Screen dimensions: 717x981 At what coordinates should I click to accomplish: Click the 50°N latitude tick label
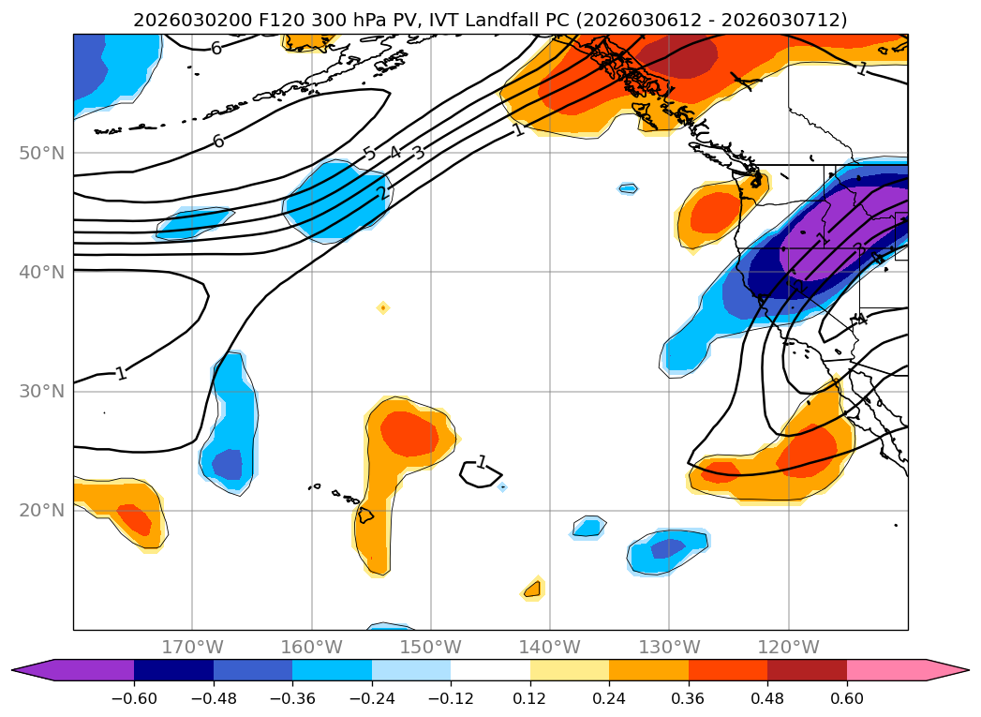[42, 153]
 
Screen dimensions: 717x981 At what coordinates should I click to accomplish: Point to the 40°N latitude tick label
[42, 272]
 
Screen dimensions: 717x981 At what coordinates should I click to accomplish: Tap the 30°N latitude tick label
[42, 391]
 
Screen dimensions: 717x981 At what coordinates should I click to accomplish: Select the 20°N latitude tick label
[42, 510]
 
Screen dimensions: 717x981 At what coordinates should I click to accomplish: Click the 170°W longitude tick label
[192, 647]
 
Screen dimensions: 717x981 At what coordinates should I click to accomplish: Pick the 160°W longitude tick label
[311, 647]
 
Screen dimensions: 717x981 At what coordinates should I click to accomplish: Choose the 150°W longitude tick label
[430, 647]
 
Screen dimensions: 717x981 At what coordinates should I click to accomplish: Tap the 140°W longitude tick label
[550, 647]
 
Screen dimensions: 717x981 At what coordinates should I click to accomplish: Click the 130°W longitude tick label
[669, 647]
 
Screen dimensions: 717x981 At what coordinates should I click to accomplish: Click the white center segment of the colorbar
[490, 670]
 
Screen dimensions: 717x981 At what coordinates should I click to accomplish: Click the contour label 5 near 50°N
[369, 155]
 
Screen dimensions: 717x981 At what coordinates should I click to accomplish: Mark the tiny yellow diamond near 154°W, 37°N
[383, 307]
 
